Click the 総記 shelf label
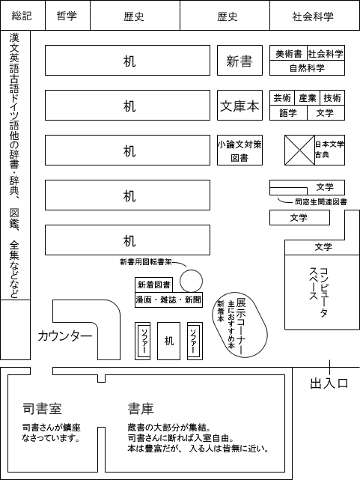coord(22,16)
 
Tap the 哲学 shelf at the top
coord(67,15)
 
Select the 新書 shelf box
coord(240,61)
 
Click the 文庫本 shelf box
coord(240,105)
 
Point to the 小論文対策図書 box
coord(240,150)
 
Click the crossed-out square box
coord(299,150)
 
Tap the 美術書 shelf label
coord(289,54)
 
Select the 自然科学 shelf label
coord(307,67)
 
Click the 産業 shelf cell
coord(307,97)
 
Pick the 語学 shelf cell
coord(288,112)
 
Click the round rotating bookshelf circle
coord(191,281)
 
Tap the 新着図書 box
coord(153,285)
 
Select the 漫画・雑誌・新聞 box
coord(168,300)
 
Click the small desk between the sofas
coord(168,341)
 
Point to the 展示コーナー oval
coord(240,327)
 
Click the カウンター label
coord(65,336)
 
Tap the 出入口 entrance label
coord(329,383)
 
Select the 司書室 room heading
coord(43,409)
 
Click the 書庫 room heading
coord(141,409)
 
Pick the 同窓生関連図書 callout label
coord(321,201)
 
